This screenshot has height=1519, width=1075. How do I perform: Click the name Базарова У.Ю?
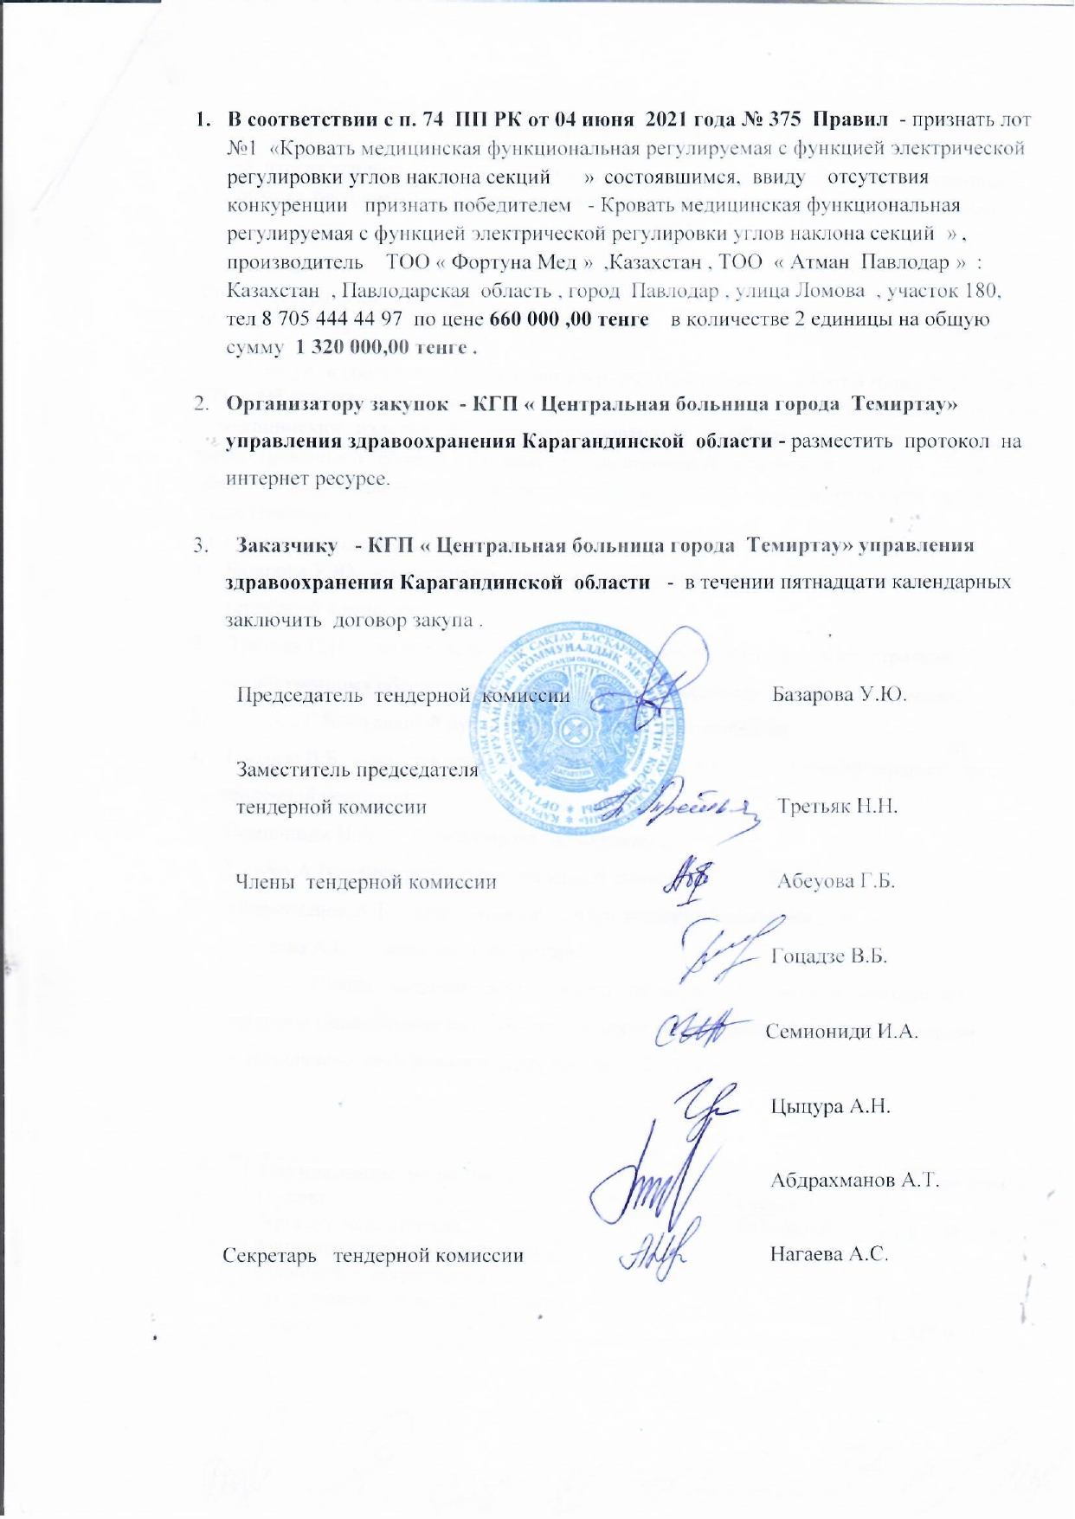(x=839, y=695)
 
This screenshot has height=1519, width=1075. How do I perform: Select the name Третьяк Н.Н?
(x=836, y=807)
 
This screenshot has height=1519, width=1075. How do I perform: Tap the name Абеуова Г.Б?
(x=835, y=881)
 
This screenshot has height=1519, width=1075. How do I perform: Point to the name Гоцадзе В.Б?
(x=829, y=956)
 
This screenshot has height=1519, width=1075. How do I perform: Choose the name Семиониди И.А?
(x=841, y=1032)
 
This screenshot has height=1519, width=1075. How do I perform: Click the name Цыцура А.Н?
(x=830, y=1106)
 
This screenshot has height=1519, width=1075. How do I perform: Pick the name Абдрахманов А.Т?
(x=854, y=1180)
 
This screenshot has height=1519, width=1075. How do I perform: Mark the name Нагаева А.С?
(x=829, y=1254)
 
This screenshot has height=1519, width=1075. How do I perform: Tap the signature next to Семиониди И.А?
(x=703, y=1029)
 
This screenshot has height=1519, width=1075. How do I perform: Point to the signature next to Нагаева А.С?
(x=660, y=1246)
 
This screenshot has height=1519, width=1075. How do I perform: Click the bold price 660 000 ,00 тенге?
(x=569, y=319)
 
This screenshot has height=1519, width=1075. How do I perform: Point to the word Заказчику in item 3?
(x=286, y=546)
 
